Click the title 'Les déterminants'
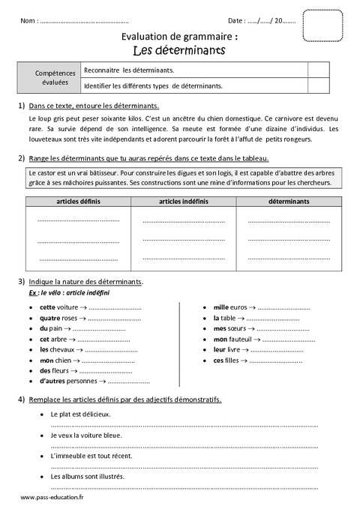coord(178,51)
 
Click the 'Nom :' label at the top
coord(30,20)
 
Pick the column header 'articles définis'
coord(78,201)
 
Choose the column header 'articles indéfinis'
coord(184,201)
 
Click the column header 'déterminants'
coord(288,201)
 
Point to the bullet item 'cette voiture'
coord(58,307)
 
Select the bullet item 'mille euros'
coord(230,307)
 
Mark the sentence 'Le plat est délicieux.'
coord(80,414)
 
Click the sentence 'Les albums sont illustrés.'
coord(87,476)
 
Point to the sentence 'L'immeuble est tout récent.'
coord(91,455)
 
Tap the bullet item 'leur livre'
coord(226,349)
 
